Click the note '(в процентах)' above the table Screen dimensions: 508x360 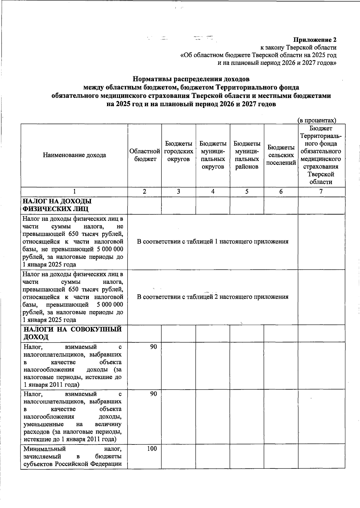317,120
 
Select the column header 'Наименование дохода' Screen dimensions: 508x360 74,155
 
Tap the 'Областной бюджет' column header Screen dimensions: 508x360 145,155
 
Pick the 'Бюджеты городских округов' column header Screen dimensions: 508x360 178,151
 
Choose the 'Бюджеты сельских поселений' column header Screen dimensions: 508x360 281,155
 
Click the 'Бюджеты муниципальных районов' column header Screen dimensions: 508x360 247,155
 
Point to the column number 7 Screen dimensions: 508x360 321,192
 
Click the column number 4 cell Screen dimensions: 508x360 213,192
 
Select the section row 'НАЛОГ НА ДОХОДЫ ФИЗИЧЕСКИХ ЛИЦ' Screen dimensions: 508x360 57,205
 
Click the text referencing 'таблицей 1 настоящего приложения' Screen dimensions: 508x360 212,242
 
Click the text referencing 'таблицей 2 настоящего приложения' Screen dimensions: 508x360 212,297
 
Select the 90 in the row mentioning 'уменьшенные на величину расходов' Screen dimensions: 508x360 153,394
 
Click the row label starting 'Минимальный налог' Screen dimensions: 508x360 72,456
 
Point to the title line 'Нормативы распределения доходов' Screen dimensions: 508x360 191,79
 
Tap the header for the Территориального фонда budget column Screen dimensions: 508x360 321,155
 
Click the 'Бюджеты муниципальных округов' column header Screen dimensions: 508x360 213,155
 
